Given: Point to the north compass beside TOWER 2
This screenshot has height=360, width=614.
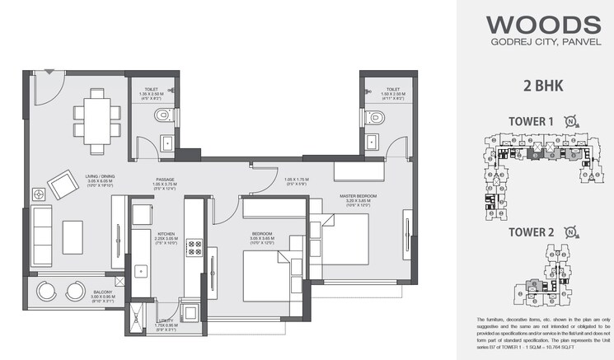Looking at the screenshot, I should [x=570, y=232].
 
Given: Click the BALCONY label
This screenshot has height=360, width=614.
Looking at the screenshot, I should [x=79, y=295].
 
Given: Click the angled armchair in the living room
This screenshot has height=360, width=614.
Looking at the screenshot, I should [x=63, y=185].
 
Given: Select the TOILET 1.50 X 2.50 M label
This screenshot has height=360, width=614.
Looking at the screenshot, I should [x=392, y=92].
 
